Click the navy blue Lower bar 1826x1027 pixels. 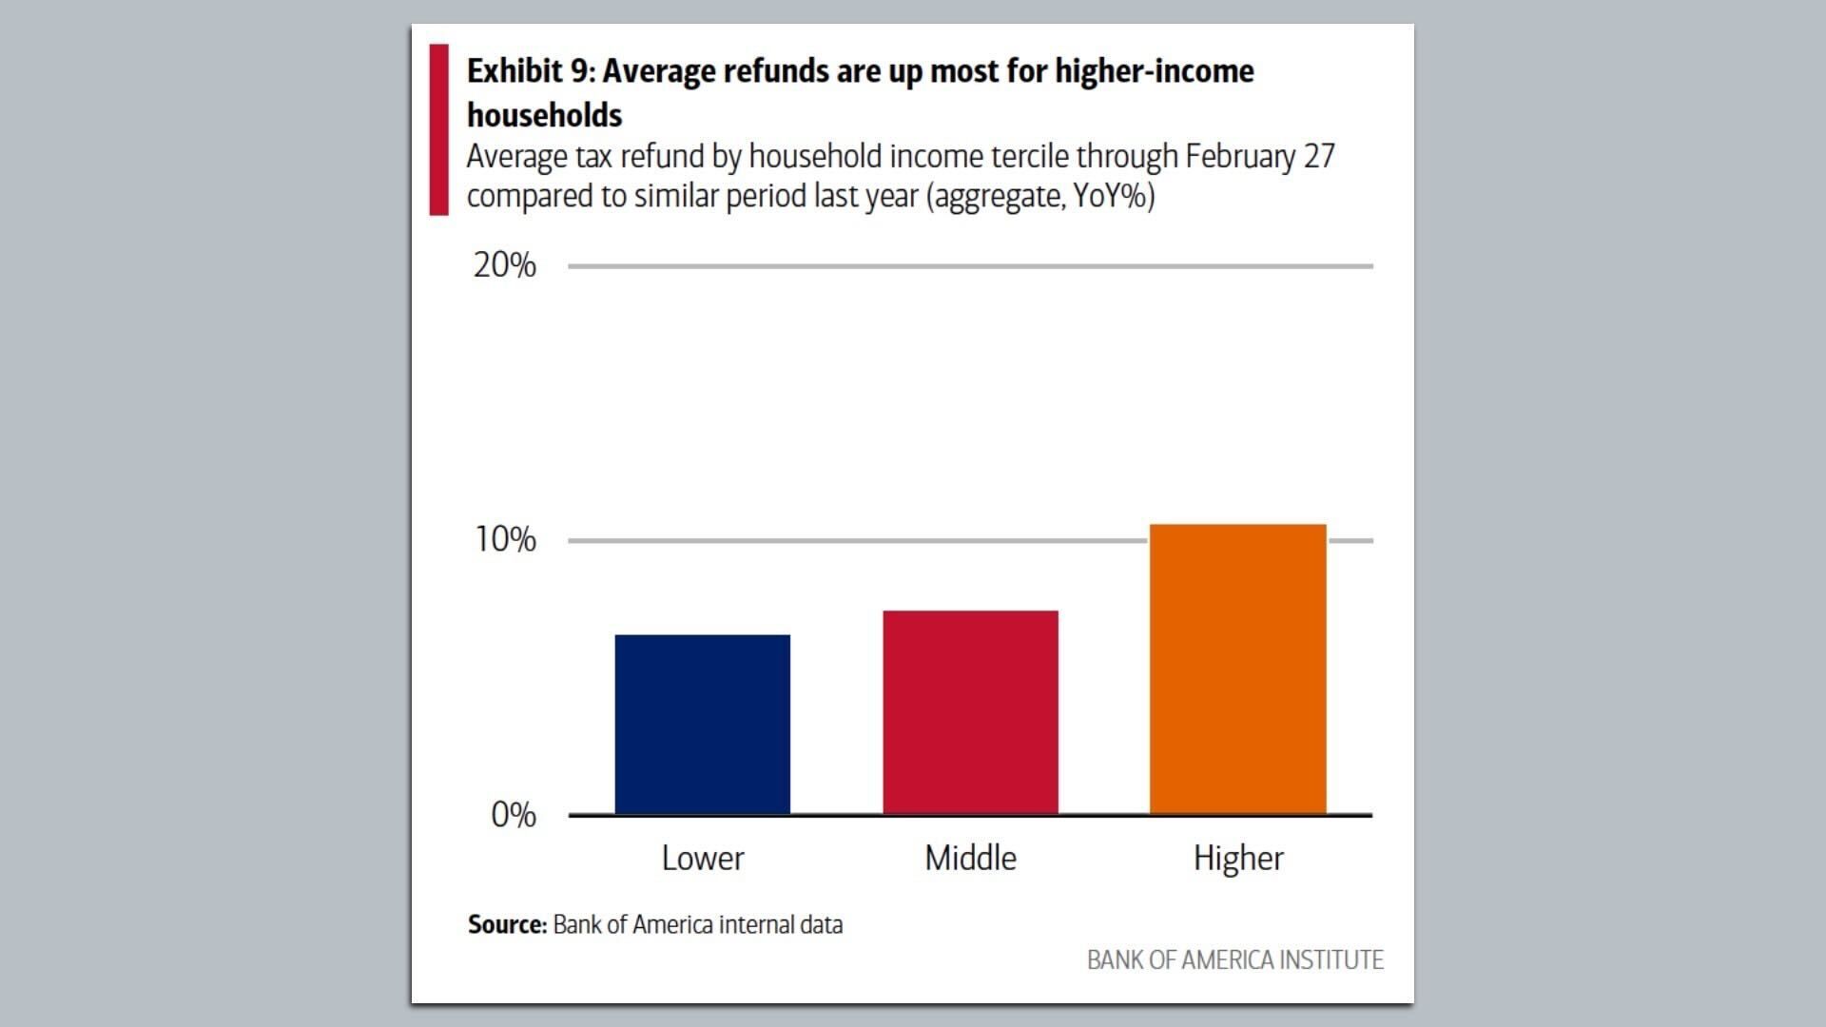click(702, 724)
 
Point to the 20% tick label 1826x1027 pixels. click(504, 265)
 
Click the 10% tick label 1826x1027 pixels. click(505, 540)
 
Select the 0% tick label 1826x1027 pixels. click(513, 815)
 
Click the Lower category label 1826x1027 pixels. click(702, 858)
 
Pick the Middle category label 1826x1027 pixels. click(970, 858)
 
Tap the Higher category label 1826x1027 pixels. click(1238, 859)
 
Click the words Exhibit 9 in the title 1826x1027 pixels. click(529, 71)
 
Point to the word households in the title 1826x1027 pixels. click(544, 115)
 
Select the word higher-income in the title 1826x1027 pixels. click(1154, 71)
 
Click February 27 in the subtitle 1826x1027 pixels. click(1259, 156)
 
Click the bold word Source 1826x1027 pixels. click(505, 924)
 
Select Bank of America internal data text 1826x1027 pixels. click(697, 924)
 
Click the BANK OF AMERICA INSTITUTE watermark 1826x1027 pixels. click(1234, 959)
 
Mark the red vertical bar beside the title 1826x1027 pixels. click(438, 129)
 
